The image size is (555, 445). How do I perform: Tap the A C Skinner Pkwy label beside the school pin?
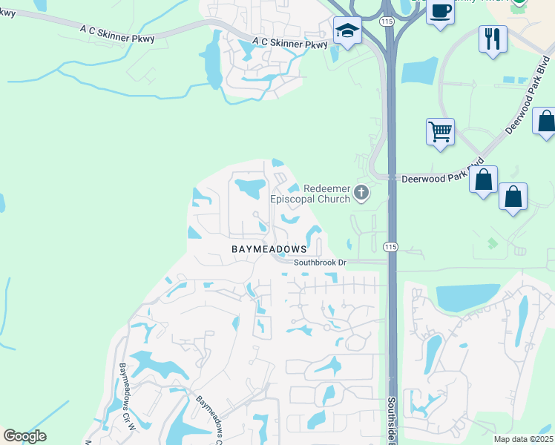289,44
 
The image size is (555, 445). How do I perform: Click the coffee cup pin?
440,11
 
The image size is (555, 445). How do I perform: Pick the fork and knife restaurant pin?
493,39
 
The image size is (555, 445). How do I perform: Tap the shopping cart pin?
441,132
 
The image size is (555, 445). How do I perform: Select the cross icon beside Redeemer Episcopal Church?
361,194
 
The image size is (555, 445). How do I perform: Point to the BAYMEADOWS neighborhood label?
268,249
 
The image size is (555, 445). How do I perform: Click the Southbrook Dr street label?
320,263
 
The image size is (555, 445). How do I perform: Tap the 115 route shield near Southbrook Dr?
390,246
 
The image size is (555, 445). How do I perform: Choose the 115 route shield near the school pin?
387,23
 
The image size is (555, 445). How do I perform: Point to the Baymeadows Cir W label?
125,397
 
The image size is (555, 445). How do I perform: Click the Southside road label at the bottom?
391,419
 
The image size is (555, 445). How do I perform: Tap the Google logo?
24,436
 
